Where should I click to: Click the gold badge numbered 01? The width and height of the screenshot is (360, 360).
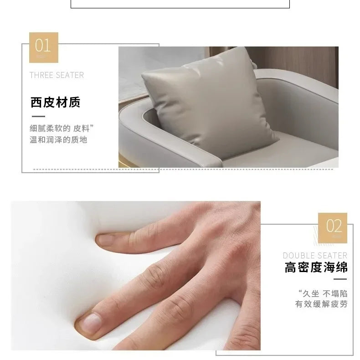[x=44, y=47]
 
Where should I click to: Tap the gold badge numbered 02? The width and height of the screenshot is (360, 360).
[x=333, y=228]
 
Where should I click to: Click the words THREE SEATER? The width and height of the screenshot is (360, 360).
[x=57, y=75]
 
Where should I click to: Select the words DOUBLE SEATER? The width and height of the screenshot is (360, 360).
[x=315, y=255]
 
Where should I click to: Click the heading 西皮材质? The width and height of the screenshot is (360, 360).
[x=55, y=103]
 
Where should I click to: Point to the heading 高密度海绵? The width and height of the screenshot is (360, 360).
[x=316, y=267]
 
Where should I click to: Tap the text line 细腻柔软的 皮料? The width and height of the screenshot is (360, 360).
[x=62, y=129]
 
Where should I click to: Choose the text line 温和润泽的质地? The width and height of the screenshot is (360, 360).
[x=58, y=139]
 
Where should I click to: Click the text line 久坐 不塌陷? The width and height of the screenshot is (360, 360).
[x=323, y=293]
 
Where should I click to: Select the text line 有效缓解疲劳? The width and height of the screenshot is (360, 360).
[x=321, y=304]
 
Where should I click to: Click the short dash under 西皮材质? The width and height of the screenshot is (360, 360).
[x=38, y=116]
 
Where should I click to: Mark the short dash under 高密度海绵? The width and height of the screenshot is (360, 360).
[x=340, y=279]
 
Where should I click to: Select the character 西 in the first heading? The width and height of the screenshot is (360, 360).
[x=36, y=103]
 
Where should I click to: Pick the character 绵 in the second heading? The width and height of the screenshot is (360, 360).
[x=342, y=267]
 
